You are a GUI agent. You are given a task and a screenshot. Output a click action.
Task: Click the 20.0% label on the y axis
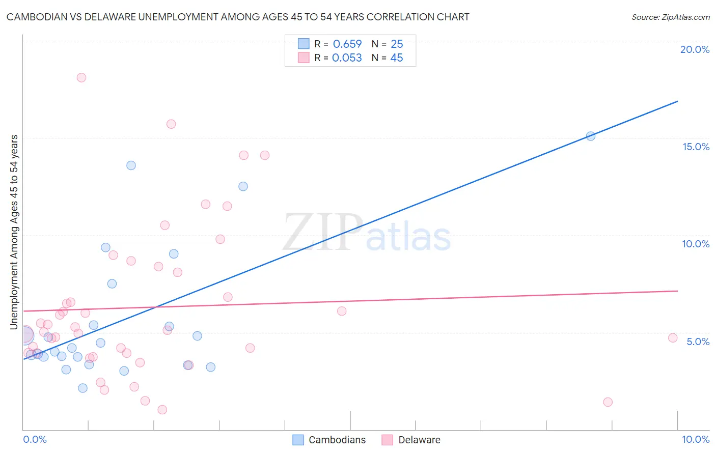[x=695, y=49]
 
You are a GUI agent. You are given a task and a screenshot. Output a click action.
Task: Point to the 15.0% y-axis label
[x=696, y=147]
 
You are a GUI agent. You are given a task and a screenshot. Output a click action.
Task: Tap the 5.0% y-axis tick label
[x=698, y=342]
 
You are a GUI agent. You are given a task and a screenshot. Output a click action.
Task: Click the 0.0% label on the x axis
[x=35, y=439]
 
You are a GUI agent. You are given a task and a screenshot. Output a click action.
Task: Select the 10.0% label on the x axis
[x=695, y=439]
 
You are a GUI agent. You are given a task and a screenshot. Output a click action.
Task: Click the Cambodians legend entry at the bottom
[x=329, y=440]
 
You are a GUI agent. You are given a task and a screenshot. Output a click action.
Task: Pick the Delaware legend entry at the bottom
[x=411, y=440]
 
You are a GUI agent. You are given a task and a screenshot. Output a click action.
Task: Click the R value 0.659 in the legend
[x=347, y=44]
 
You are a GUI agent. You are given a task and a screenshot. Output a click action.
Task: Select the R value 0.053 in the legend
[x=347, y=58]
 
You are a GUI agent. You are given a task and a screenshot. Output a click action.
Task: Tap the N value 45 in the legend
[x=396, y=58]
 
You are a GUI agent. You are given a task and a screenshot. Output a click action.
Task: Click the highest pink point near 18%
[x=81, y=78]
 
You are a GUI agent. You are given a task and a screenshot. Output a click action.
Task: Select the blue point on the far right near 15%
[x=591, y=136]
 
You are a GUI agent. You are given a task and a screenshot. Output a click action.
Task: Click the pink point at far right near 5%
[x=673, y=338]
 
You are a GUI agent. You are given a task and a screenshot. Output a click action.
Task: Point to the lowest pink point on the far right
[x=608, y=402]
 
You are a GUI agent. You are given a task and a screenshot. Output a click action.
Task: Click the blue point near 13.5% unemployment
[x=131, y=165]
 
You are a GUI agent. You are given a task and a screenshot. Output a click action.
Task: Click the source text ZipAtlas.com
[x=685, y=17]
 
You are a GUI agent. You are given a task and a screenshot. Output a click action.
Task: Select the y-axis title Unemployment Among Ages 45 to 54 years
[x=14, y=232]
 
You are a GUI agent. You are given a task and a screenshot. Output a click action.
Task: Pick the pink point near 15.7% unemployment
[x=171, y=124]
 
